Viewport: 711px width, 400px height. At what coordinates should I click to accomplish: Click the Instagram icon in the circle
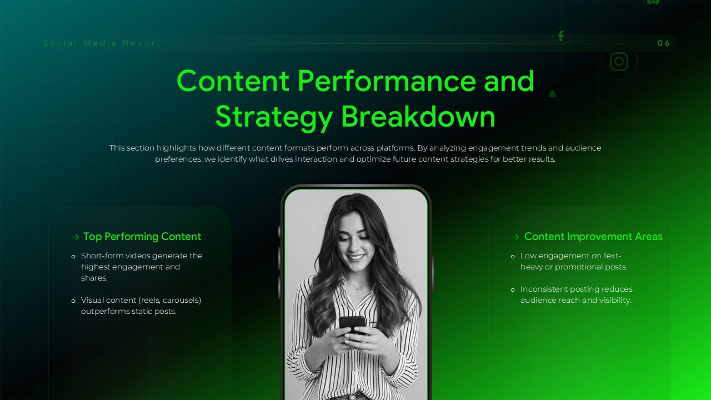click(x=619, y=62)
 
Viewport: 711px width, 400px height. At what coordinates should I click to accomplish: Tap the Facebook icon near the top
click(x=560, y=36)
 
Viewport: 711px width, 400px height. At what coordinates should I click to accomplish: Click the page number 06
click(x=664, y=43)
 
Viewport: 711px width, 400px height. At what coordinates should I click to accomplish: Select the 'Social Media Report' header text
click(x=102, y=43)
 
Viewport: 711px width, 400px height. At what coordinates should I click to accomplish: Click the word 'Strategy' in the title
click(x=274, y=117)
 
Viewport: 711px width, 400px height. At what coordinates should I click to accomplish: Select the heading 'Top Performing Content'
click(x=142, y=237)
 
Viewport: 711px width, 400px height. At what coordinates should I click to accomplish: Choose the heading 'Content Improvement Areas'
click(x=593, y=237)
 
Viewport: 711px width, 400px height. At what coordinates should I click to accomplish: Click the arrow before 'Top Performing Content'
click(x=75, y=237)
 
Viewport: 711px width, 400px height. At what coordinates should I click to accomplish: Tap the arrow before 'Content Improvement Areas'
click(x=515, y=237)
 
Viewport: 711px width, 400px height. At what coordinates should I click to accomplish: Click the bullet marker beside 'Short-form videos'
click(x=73, y=256)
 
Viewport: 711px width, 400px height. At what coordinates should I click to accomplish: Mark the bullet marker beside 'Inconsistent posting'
click(x=513, y=289)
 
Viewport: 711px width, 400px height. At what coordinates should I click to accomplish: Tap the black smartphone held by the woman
click(x=352, y=323)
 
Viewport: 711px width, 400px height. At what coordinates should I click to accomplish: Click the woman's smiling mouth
click(x=357, y=258)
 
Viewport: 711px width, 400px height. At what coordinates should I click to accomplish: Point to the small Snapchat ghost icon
click(x=552, y=94)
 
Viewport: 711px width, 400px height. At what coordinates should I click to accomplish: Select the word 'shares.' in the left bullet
click(x=94, y=278)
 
